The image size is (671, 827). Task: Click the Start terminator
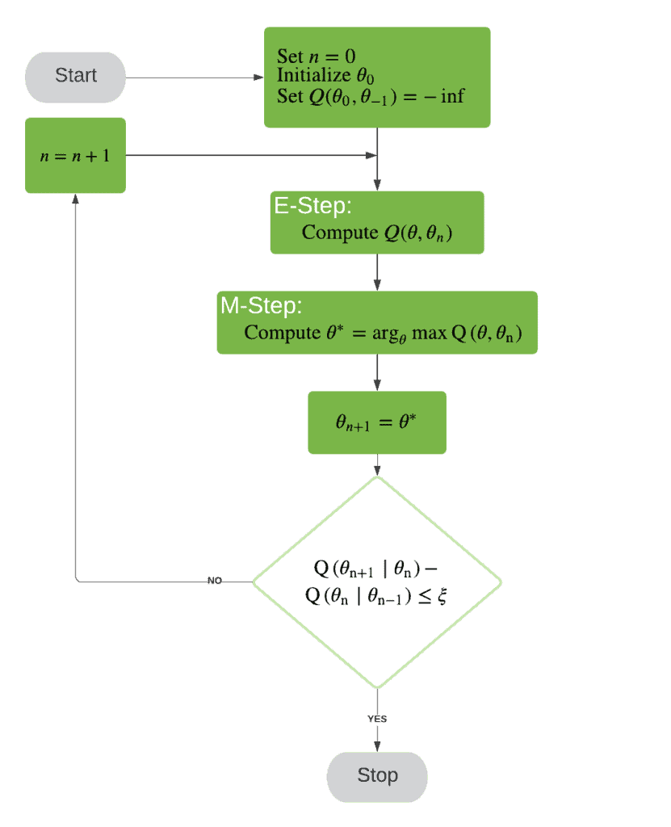click(x=75, y=76)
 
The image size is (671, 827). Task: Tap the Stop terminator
click(x=377, y=776)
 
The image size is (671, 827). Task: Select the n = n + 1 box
click(x=75, y=156)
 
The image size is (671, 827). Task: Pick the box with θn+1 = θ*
click(x=376, y=422)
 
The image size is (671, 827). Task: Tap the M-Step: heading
click(x=261, y=305)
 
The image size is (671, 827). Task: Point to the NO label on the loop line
click(x=215, y=581)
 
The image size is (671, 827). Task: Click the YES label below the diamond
click(x=377, y=718)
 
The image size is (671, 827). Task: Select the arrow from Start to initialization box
click(x=194, y=78)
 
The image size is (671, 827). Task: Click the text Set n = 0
click(x=317, y=57)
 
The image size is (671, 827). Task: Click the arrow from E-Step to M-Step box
click(x=377, y=272)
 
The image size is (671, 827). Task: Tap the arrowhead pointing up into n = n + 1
click(x=75, y=199)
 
